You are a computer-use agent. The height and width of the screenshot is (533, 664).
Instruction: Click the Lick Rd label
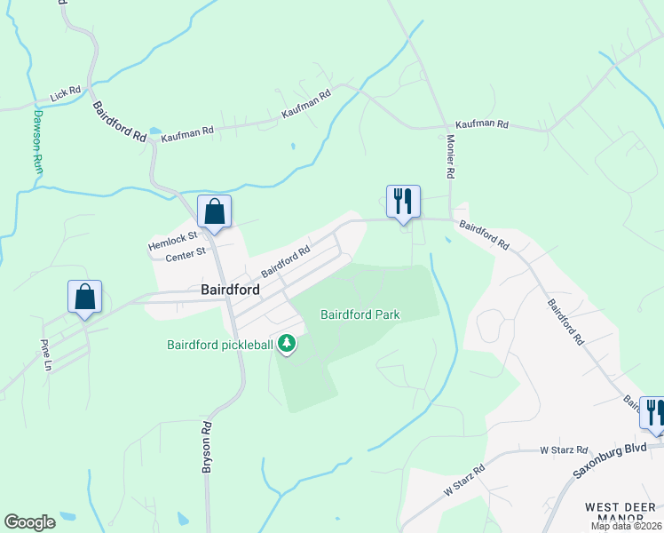(x=66, y=91)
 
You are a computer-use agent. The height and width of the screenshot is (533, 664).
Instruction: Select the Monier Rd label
(x=449, y=156)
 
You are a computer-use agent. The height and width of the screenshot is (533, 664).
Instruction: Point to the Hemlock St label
(x=172, y=243)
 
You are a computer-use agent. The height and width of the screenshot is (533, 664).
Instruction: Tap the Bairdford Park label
(x=360, y=314)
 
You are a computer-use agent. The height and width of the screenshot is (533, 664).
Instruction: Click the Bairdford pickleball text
(x=220, y=345)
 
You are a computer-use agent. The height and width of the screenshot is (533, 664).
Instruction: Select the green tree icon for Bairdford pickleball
(x=287, y=343)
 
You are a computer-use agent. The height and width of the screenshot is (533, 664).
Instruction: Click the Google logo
(x=29, y=522)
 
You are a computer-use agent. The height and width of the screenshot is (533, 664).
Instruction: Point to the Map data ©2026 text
(x=626, y=526)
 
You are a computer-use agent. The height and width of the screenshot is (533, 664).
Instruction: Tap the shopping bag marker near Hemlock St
(x=214, y=212)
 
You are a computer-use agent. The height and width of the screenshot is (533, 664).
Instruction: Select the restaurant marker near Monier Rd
(x=403, y=201)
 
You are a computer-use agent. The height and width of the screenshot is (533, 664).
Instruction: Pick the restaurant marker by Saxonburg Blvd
(x=653, y=413)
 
